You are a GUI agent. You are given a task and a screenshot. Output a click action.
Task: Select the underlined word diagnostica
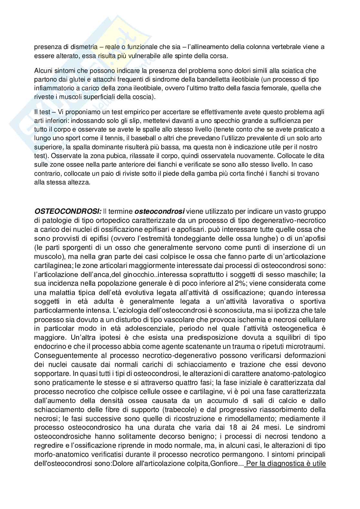(290, 464)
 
